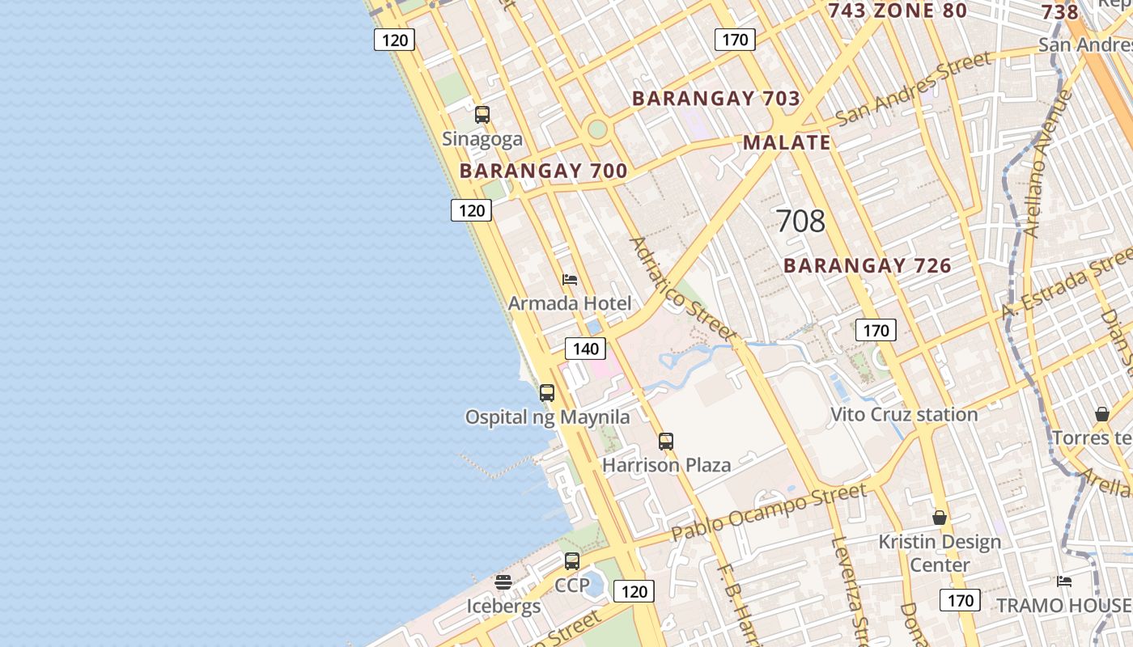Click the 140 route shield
click(585, 349)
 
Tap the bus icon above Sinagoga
click(482, 115)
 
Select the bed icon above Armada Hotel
click(570, 280)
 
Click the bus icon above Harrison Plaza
click(666, 442)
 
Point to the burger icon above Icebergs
click(503, 582)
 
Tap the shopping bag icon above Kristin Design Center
click(940, 518)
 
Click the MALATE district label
click(787, 143)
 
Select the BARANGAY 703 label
click(716, 99)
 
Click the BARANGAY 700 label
click(543, 171)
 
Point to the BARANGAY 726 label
click(868, 265)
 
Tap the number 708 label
click(800, 221)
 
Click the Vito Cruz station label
click(904, 415)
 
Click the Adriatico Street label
click(683, 289)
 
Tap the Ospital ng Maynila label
click(547, 417)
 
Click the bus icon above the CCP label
click(572, 561)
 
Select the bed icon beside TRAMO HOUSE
click(1064, 581)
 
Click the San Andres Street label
click(914, 88)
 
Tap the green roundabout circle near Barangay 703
click(597, 129)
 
